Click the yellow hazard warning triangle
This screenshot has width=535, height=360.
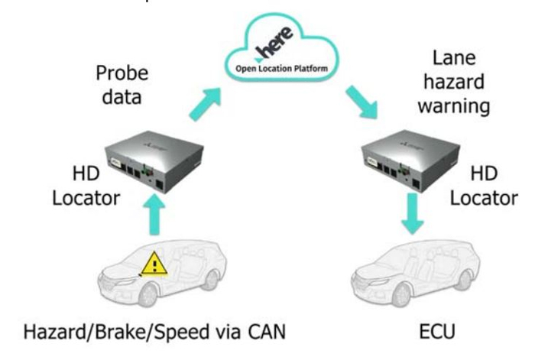[154, 263]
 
